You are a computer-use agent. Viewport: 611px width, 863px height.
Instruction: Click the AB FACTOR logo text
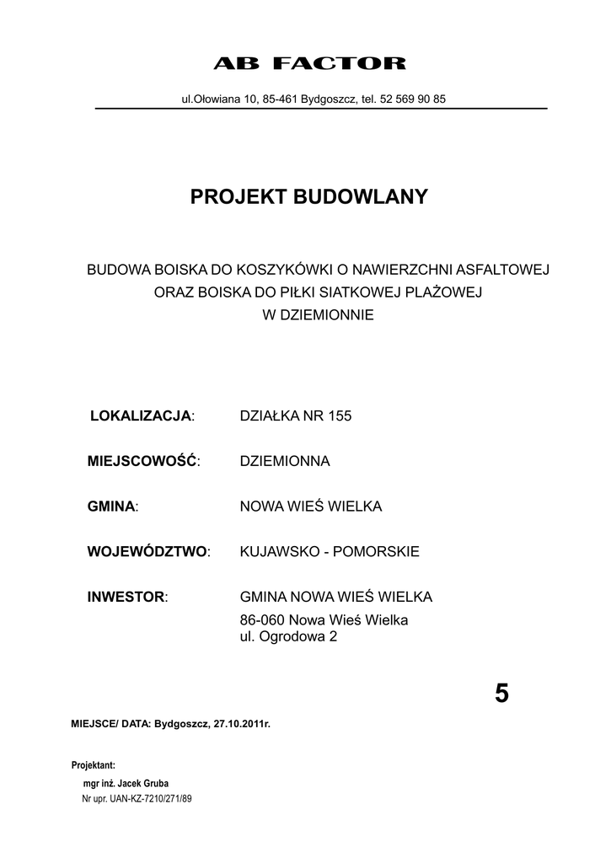pos(309,64)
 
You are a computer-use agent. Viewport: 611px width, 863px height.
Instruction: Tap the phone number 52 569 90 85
pos(413,99)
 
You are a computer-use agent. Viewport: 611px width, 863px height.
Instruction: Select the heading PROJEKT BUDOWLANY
pos(309,197)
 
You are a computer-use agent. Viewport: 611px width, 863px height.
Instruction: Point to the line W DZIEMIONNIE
pos(318,315)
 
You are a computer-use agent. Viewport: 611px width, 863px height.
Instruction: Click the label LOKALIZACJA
pos(141,415)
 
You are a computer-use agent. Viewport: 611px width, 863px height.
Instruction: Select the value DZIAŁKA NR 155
pos(296,415)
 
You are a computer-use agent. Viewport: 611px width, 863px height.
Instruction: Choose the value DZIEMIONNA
pos(285,461)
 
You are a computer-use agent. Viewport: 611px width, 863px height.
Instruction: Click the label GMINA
pos(111,507)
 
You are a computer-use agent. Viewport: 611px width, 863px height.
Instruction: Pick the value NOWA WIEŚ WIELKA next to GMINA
pos(311,507)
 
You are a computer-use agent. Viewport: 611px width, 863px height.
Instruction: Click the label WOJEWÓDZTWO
pos(147,552)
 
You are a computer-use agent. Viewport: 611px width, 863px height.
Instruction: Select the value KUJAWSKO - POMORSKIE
pos(330,552)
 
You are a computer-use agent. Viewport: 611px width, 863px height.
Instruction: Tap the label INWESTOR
pos(126,598)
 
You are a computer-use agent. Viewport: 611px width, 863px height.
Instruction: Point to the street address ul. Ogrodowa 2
pos(288,637)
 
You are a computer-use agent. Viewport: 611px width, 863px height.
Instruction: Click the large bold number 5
pos(501,693)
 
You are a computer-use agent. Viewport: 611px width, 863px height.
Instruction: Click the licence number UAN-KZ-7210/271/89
pos(151,797)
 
